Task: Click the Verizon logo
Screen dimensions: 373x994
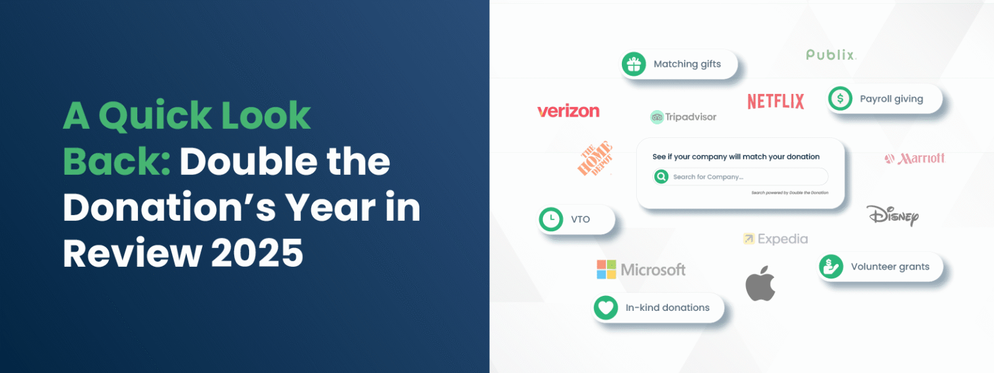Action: coord(568,111)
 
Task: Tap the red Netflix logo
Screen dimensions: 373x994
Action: coord(775,101)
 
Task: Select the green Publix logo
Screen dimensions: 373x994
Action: coord(831,55)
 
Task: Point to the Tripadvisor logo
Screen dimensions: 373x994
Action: coord(683,117)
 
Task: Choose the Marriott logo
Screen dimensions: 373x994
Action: coord(914,159)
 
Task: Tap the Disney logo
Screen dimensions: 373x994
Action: coord(892,215)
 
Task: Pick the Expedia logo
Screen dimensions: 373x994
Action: coord(775,239)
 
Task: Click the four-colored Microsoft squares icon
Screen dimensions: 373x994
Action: coord(606,269)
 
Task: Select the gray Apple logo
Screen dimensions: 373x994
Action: coord(760,283)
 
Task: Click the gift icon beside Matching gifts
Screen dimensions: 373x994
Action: coord(634,64)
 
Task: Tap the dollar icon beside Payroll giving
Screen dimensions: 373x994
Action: coord(840,99)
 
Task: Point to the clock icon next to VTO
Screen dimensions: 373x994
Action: coord(551,220)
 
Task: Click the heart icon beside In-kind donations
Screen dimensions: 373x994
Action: coord(606,308)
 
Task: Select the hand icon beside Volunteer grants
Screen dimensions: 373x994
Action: coord(831,266)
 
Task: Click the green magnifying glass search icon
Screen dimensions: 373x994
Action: coord(661,177)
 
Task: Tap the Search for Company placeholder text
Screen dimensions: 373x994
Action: coord(708,177)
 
